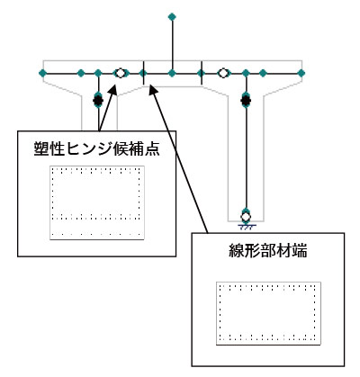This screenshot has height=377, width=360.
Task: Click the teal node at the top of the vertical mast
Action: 172,17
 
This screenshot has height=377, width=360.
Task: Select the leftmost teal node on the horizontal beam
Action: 42,73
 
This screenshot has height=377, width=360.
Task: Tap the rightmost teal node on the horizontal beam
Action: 301,73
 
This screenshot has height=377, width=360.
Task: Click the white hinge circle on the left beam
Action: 120,73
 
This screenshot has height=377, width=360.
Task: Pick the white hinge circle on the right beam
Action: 223,73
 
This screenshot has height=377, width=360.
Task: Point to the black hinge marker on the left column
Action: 98,101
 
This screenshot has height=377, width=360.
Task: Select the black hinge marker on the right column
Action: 246,101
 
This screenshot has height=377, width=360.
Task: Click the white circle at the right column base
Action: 246,217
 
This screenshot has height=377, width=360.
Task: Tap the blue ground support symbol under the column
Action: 246,227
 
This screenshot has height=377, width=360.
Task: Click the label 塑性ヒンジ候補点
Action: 96,148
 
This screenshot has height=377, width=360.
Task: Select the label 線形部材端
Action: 267,250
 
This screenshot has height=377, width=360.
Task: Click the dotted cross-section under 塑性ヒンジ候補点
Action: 97,202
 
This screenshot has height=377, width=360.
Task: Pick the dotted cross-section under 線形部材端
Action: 268,313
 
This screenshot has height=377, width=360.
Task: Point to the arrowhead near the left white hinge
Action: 113,89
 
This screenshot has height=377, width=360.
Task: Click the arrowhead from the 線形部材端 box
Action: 152,89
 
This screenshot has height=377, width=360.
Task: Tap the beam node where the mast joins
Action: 172,73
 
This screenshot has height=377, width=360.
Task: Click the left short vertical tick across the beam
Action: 144,73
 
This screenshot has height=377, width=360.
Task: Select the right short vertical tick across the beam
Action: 202,73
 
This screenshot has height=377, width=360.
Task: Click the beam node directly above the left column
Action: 98,73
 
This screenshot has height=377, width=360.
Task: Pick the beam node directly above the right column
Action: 246,73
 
